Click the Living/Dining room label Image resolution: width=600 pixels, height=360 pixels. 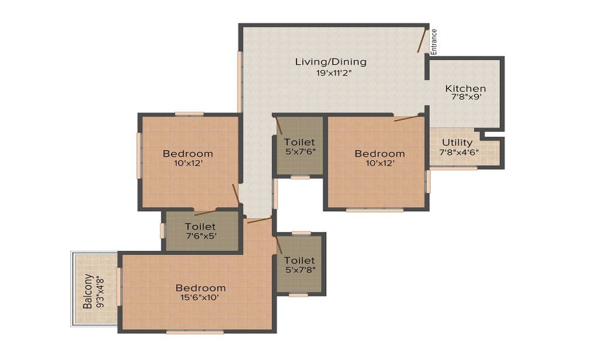point(331,62)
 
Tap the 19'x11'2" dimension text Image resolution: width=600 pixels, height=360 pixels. point(334,73)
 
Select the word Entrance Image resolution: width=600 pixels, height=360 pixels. point(434,42)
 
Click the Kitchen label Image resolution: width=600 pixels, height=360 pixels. point(466,88)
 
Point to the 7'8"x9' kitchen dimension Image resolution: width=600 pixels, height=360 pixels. point(466,97)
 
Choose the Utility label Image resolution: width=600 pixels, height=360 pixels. point(457,143)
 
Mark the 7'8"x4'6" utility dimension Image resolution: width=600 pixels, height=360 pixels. point(459,152)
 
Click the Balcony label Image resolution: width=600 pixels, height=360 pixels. point(88,291)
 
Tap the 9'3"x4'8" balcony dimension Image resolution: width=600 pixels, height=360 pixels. point(100,292)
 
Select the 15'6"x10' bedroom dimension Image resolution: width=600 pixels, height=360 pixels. point(200,297)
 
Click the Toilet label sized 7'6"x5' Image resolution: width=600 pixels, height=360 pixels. point(200,226)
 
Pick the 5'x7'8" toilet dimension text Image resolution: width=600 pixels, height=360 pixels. point(299,270)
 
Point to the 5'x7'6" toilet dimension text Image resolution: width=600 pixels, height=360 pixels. point(300,151)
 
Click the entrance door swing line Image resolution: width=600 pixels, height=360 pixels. point(422,40)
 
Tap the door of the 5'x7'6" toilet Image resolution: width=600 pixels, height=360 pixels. point(279,125)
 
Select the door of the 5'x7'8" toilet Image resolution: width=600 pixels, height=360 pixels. point(278,245)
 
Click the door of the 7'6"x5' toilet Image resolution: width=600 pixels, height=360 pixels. point(205,213)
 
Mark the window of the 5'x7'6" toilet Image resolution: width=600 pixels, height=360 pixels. point(301,177)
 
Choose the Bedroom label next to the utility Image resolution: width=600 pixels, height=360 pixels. point(380,154)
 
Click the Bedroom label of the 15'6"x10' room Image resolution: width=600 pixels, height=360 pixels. point(200,287)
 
